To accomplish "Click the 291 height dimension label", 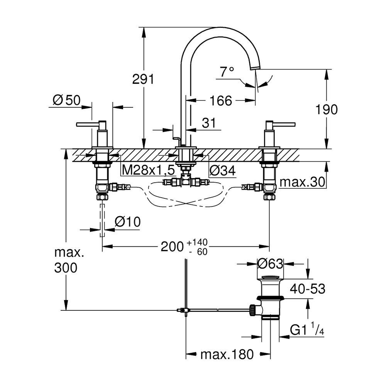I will (x=143, y=80).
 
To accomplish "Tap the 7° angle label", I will (x=227, y=71).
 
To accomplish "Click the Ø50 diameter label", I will (x=66, y=101).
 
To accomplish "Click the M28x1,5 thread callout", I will (x=148, y=170).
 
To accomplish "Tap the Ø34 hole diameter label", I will (x=222, y=170).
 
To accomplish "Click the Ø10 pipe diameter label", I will (x=127, y=222).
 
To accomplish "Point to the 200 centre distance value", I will (x=171, y=246).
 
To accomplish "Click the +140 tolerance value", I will (x=197, y=242).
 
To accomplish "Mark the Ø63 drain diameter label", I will (x=271, y=264).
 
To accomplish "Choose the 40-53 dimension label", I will (x=308, y=288).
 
